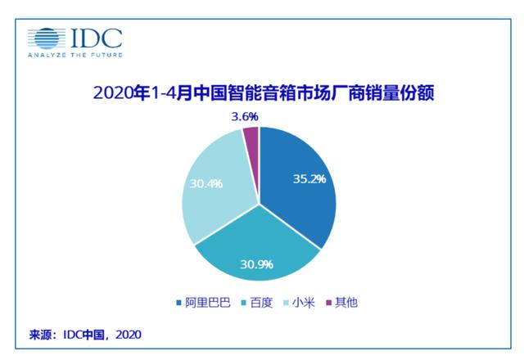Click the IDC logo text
click(x=97, y=38)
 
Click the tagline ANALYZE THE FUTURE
click(x=75, y=55)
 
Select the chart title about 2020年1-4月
click(x=262, y=93)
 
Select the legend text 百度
click(x=262, y=302)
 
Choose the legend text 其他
click(x=346, y=302)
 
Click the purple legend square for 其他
click(x=330, y=303)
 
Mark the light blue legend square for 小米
click(x=288, y=303)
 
